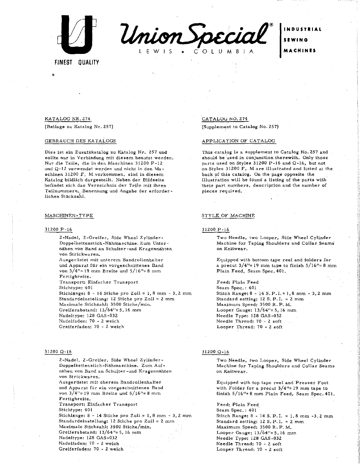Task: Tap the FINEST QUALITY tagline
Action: (77, 62)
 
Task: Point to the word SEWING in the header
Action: (296, 40)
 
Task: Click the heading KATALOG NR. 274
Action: (67, 119)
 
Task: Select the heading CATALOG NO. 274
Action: (225, 119)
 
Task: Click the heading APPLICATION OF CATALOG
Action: (238, 141)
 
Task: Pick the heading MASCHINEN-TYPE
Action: (69, 215)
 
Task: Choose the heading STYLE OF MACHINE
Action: (228, 215)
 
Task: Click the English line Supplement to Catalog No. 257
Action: (240, 127)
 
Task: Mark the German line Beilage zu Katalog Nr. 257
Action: (79, 127)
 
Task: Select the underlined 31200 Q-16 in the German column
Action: (58, 352)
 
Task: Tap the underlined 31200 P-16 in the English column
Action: (215, 230)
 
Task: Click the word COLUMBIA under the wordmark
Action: (223, 52)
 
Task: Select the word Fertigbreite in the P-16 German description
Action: (71, 277)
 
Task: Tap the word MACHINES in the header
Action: (299, 50)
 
